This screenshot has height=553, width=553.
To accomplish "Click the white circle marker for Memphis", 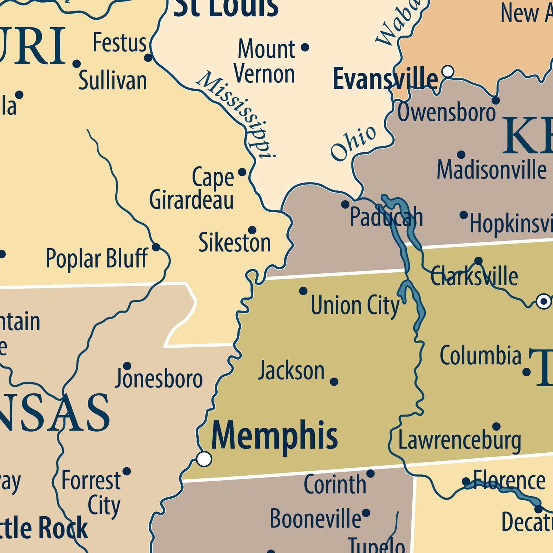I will click(204, 459).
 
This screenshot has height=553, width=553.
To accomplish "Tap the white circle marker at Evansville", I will click(448, 71).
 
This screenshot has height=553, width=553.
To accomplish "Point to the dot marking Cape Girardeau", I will click(242, 172).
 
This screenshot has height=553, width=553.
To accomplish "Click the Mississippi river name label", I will click(235, 114).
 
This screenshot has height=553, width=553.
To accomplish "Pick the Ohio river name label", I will click(353, 143).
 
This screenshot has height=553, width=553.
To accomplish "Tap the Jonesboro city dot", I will click(127, 366).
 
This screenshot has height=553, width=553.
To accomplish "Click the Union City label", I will click(355, 306).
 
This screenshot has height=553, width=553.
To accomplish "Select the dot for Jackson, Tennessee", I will click(334, 382).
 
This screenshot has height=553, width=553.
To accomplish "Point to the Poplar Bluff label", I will click(97, 259).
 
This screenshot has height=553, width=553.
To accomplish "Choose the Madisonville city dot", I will click(461, 155).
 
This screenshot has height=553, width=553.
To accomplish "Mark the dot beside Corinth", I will click(371, 474).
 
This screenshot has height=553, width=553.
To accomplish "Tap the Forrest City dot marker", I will click(127, 471).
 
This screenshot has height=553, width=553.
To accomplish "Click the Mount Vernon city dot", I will click(305, 47).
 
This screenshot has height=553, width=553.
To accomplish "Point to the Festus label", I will click(120, 43).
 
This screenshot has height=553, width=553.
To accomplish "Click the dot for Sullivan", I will click(77, 64).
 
